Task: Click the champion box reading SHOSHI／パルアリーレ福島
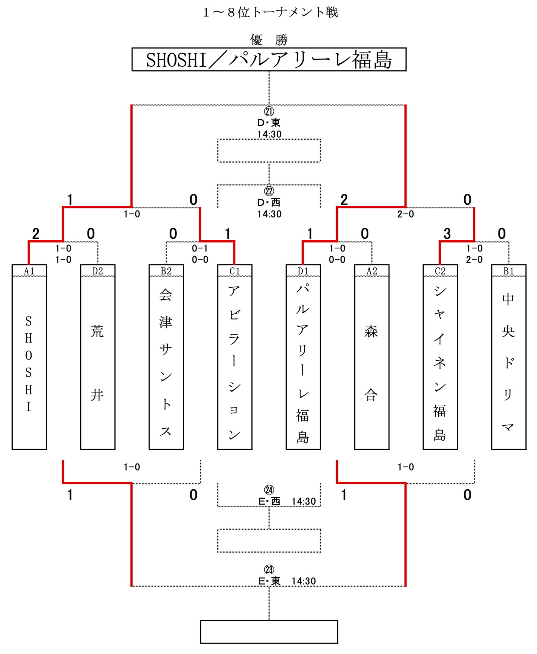click(269, 60)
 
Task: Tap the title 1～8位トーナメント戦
click(270, 12)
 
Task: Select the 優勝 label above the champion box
click(269, 39)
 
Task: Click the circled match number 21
click(269, 111)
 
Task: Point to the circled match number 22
click(269, 191)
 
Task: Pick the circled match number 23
click(269, 569)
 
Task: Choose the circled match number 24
click(269, 490)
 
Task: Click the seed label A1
click(29, 271)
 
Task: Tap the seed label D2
click(98, 271)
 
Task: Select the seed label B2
click(166, 271)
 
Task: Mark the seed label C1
click(235, 271)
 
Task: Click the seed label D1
click(303, 271)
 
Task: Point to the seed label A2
click(372, 271)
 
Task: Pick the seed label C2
click(440, 271)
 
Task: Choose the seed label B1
click(509, 271)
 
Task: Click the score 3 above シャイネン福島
click(447, 234)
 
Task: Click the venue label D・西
click(269, 203)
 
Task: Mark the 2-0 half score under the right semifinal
click(405, 214)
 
